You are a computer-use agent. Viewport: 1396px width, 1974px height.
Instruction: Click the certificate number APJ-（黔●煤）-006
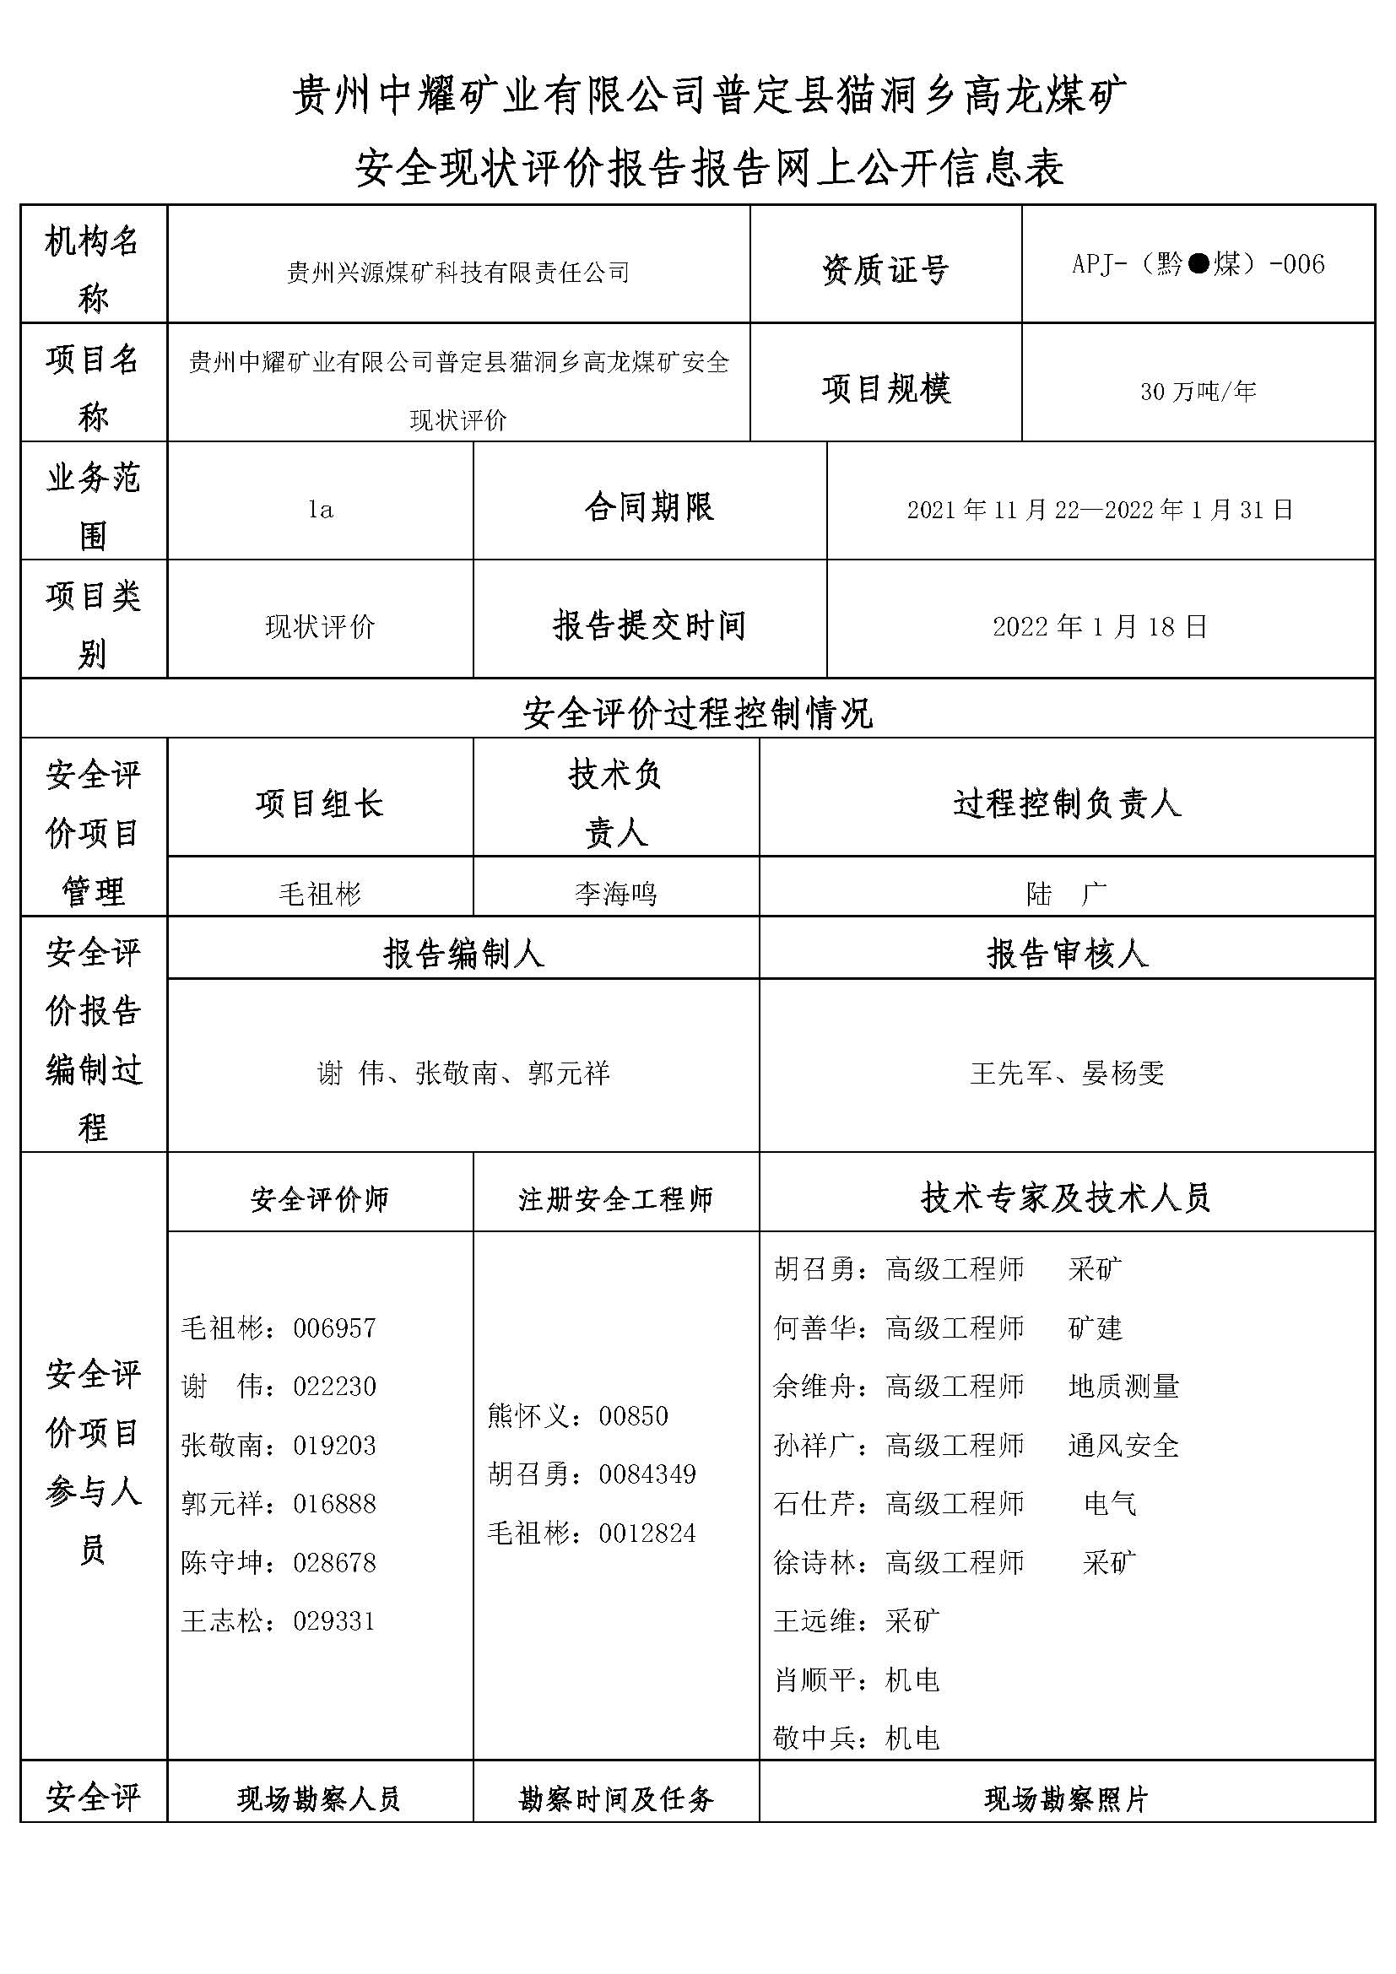(x=1198, y=264)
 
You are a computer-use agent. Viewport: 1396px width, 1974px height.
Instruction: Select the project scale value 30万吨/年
(x=1198, y=392)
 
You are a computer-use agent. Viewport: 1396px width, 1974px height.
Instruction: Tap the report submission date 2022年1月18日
(x=1100, y=627)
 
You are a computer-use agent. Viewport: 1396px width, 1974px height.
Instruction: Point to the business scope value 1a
(x=321, y=510)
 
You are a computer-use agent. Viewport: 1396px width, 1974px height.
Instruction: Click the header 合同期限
(x=649, y=507)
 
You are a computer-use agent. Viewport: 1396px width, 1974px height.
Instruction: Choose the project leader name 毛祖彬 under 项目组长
(x=320, y=894)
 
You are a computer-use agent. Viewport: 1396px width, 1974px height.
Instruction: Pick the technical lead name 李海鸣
(x=615, y=894)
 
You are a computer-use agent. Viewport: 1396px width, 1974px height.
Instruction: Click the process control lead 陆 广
(x=1066, y=894)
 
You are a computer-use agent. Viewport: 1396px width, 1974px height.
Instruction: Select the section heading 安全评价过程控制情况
(x=697, y=713)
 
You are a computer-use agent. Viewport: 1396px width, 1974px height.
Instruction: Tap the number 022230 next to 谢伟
(x=334, y=1387)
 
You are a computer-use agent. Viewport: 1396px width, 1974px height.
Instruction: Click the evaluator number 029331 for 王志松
(x=334, y=1621)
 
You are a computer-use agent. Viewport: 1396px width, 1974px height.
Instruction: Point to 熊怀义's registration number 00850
(x=634, y=1416)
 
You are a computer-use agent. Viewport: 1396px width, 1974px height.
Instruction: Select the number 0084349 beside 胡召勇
(x=647, y=1474)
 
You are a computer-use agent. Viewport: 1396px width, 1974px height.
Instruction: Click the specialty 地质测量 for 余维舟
(x=1123, y=1387)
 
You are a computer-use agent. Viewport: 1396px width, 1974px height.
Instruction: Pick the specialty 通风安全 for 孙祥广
(x=1123, y=1445)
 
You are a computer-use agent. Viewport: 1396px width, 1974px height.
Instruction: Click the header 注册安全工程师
(x=615, y=1199)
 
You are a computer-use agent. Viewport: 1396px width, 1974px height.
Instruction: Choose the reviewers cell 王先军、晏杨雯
(x=1067, y=1073)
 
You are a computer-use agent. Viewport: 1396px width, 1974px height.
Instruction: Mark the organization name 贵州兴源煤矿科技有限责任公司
(x=458, y=273)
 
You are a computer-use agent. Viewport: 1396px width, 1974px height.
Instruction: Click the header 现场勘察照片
(x=1066, y=1798)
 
